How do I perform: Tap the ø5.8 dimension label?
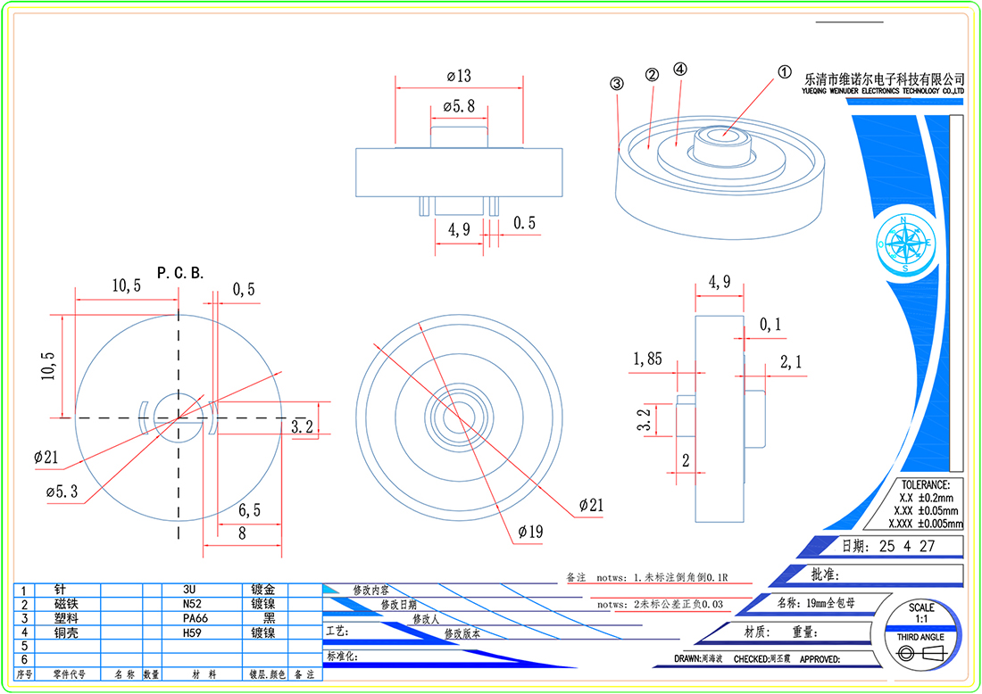pos(459,106)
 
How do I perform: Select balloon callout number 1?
pos(785,72)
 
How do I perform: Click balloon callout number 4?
pos(681,69)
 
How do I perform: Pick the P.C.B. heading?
pos(180,273)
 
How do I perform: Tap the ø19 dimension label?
pos(530,533)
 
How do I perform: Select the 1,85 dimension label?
pos(647,359)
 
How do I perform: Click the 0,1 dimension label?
pos(770,326)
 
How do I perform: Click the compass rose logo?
pos(903,243)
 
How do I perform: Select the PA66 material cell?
pos(195,617)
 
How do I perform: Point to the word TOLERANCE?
pos(926,484)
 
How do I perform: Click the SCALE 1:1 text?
pos(921,613)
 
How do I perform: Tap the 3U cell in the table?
pos(189,591)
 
